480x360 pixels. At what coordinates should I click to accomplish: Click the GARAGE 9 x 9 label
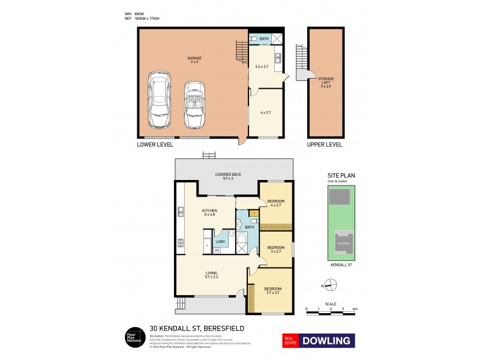(193, 60)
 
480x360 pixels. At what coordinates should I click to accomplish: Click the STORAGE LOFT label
(326, 82)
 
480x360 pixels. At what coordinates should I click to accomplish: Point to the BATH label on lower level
(264, 38)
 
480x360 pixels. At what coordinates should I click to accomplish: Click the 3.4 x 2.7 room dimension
(262, 67)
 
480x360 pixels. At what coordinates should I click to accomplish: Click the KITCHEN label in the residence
(209, 212)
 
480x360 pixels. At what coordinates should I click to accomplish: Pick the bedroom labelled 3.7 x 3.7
(273, 291)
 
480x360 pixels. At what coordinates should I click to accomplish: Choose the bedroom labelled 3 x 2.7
(275, 249)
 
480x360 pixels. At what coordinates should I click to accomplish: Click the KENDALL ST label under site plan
(341, 264)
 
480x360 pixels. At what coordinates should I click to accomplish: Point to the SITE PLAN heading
(340, 176)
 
